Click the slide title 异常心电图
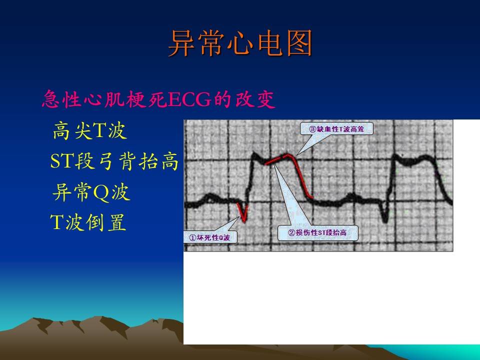coord(240,43)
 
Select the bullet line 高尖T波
coord(89,130)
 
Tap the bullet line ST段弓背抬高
coord(114,161)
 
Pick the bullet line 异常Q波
coord(91,192)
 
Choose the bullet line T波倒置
coord(88,222)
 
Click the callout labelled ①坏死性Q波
coord(210,237)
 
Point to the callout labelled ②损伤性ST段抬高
coord(317,232)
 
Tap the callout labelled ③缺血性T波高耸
coord(336,129)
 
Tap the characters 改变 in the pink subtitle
coord(255,99)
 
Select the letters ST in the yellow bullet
coord(62,161)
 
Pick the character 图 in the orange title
coord(299,43)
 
